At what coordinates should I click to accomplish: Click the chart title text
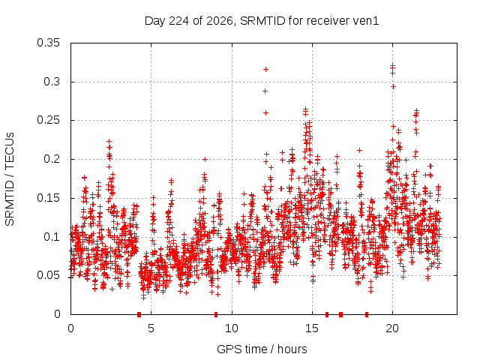pos(262,21)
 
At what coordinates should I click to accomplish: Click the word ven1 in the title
pos(366,21)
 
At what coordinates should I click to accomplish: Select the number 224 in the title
pos(179,21)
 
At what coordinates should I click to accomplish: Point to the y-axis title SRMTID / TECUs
pos(10,179)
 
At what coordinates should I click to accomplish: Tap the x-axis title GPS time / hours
pos(262,349)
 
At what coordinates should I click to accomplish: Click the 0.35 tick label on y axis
pos(48,43)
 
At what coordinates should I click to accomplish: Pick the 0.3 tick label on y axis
pos(52,82)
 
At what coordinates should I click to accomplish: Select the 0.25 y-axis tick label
pos(48,120)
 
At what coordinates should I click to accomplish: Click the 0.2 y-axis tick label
pos(52,159)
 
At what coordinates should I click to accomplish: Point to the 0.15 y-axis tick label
pos(48,198)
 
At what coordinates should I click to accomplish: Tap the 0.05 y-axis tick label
pos(48,275)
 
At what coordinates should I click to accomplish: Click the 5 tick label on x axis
pos(151,328)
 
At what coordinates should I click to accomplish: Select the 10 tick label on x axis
pos(232,328)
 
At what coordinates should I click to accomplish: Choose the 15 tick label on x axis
pos(312,328)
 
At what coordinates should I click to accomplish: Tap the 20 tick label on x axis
pos(392,328)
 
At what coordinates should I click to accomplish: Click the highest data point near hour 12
pos(265,70)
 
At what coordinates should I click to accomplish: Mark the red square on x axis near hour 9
pos(216,314)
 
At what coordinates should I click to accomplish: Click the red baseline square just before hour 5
pos(139,314)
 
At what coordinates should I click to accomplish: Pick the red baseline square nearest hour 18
pos(367,314)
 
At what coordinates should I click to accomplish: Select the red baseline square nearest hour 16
pos(327,314)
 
